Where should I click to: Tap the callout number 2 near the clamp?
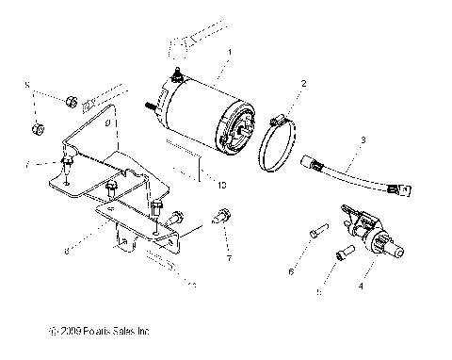303,84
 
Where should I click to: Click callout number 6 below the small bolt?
291,271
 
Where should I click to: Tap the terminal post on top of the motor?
176,74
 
